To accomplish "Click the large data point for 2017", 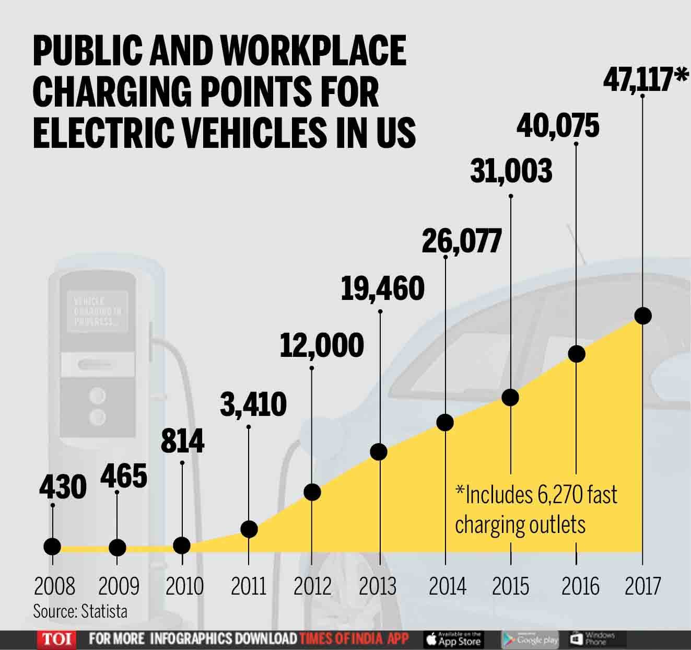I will pos(642,316).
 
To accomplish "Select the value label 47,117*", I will pos(646,80).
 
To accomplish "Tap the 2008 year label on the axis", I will pos(55,586).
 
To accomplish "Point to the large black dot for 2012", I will pos(312,492).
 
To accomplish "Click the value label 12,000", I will pos(322,345).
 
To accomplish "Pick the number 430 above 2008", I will pos(63,487).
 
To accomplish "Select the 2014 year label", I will pos(447,586).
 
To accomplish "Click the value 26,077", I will pos(461,241).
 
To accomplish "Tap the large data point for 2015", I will pos(510,397).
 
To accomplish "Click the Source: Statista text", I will pos(80,611).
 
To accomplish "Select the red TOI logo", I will pos(56,639).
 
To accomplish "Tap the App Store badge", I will pos(453,639).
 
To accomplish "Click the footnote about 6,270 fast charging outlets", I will pos(535,509).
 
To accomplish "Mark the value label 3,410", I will pos(253,404).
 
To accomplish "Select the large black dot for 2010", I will pos(181,545).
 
